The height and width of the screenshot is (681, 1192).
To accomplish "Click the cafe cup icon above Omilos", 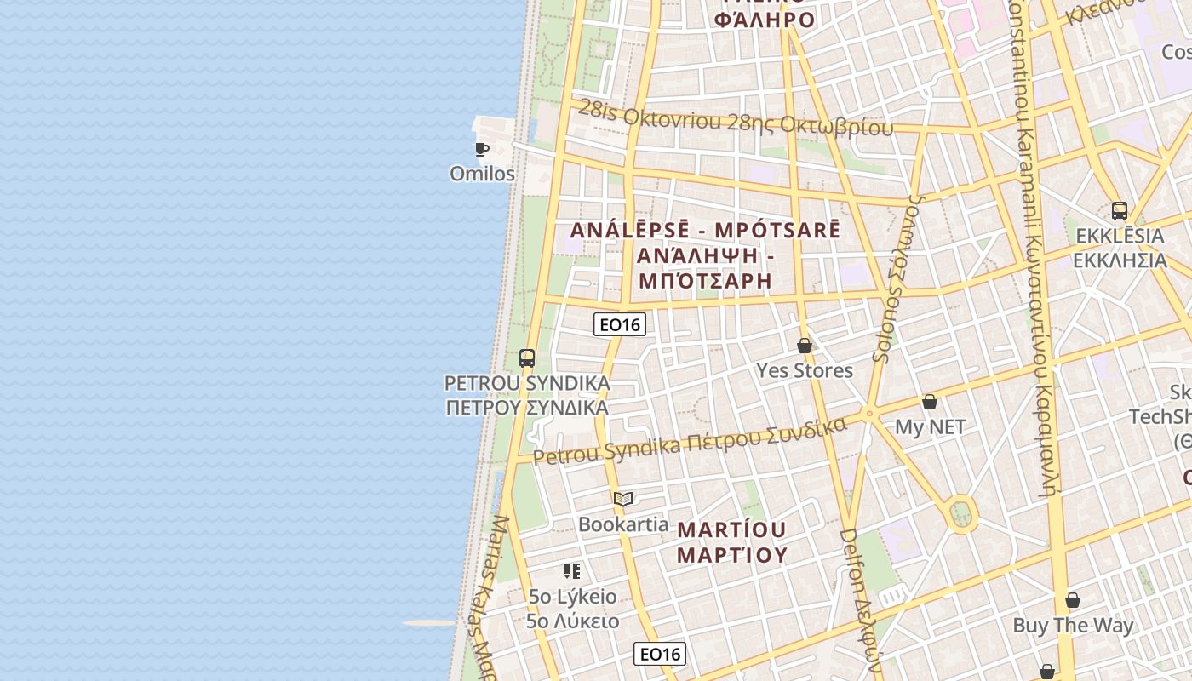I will coord(481,150).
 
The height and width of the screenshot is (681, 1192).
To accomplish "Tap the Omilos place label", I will coord(482,174).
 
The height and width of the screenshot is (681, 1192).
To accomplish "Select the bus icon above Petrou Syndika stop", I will coord(527,358).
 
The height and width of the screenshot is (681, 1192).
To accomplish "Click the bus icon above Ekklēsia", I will coord(1119,211).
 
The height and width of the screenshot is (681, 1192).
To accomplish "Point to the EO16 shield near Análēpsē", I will coord(619,324).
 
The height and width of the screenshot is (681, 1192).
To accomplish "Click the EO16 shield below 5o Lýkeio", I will coord(660,654).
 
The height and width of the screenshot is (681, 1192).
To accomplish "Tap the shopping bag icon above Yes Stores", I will coord(805,346).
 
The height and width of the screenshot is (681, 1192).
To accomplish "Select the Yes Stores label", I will coord(805,370).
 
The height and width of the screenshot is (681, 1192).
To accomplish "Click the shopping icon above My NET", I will coord(930,402).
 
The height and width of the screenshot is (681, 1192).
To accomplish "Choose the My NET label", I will coord(930,427).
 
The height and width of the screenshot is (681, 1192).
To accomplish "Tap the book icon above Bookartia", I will coord(623,499).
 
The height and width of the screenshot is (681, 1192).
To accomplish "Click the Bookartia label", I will coord(623,524).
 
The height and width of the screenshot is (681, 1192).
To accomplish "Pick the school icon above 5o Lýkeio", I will coord(572,570).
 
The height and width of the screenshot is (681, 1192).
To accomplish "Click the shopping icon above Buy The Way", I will coord(1073,600).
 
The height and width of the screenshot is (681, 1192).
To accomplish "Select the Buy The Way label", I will coord(1073,626).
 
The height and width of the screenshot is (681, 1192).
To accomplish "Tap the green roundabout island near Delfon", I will coord(960,513).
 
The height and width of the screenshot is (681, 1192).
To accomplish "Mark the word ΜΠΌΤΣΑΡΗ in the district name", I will coord(704,280).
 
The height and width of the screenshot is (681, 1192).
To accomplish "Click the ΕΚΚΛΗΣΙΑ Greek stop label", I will coord(1119,260).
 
